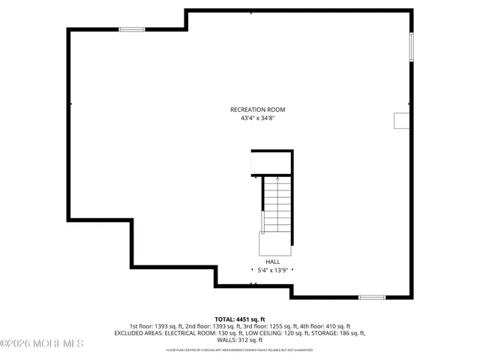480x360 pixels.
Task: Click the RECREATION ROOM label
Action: (x=257, y=109)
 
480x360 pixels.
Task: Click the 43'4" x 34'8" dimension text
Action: (x=257, y=118)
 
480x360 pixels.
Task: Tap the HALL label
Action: (x=272, y=262)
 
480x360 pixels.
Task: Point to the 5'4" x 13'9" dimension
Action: (x=272, y=270)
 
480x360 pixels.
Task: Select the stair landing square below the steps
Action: (x=275, y=244)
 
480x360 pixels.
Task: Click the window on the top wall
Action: (x=132, y=29)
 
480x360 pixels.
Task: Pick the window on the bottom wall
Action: (x=371, y=298)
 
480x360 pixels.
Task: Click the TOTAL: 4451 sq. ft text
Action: (x=240, y=319)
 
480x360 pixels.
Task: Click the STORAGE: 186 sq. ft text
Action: (x=337, y=333)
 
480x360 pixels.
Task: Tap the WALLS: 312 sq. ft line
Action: (x=240, y=340)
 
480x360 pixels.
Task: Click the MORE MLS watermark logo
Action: (x=42, y=343)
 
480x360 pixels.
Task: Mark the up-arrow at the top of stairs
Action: (x=277, y=178)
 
